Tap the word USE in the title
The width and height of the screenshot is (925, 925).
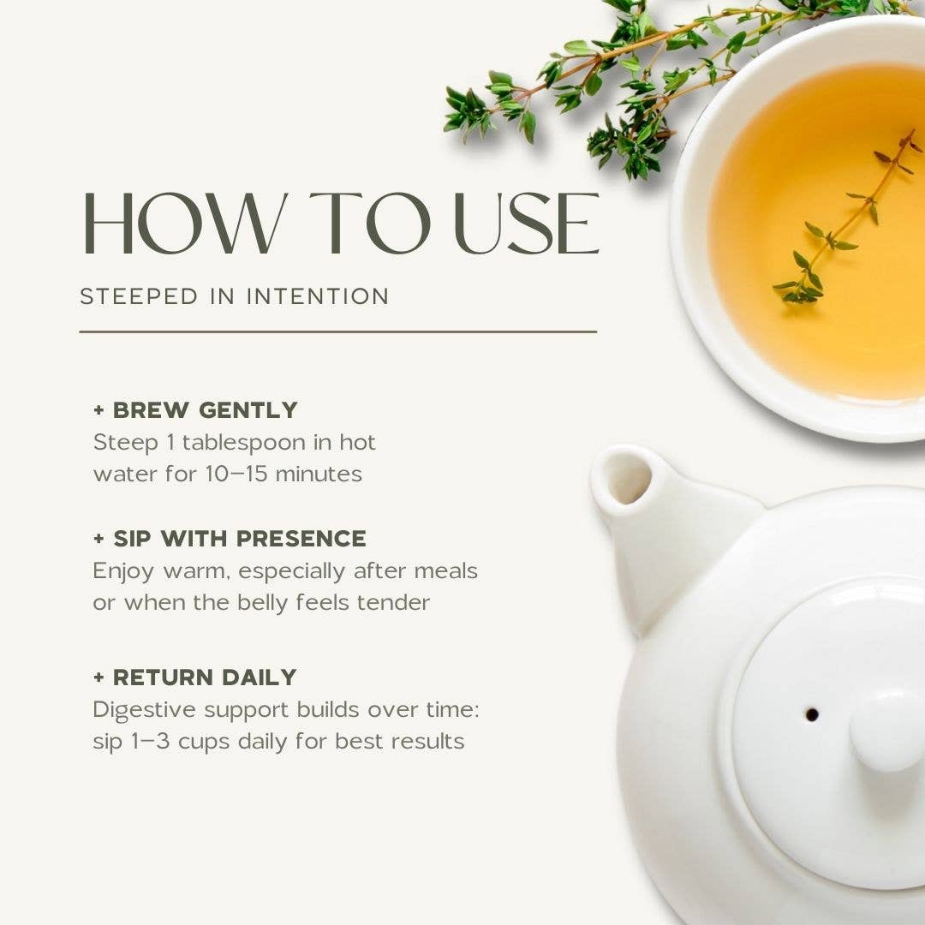(x=528, y=224)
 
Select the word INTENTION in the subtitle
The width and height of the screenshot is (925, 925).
(x=318, y=296)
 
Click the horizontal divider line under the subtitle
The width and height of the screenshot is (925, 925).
(x=338, y=332)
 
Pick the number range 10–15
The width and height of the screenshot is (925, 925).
(x=236, y=474)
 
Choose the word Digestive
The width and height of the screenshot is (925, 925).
(x=144, y=710)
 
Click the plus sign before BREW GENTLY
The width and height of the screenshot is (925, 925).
(x=98, y=410)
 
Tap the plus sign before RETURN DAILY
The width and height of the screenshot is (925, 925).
(x=98, y=677)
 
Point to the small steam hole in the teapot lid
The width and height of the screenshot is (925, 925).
(x=812, y=714)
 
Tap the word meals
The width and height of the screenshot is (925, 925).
(x=446, y=571)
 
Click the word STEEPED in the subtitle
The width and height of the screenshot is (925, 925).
(x=139, y=296)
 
